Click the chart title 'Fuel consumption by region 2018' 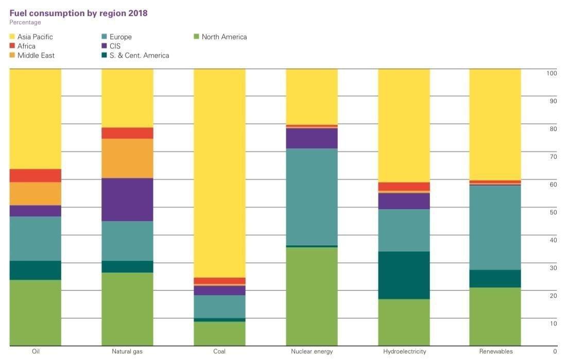click(78, 13)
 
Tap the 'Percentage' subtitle click(25, 23)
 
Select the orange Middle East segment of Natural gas click(127, 159)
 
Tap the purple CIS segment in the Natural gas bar click(127, 200)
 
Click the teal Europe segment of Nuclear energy click(312, 197)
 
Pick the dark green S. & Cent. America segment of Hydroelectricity click(404, 276)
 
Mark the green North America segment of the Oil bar click(35, 313)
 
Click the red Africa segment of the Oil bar click(35, 176)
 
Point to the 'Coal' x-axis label click(219, 352)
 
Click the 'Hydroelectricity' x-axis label click(404, 352)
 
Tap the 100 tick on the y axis click(552, 73)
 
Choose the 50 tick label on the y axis click(554, 212)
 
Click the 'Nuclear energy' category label click(312, 352)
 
